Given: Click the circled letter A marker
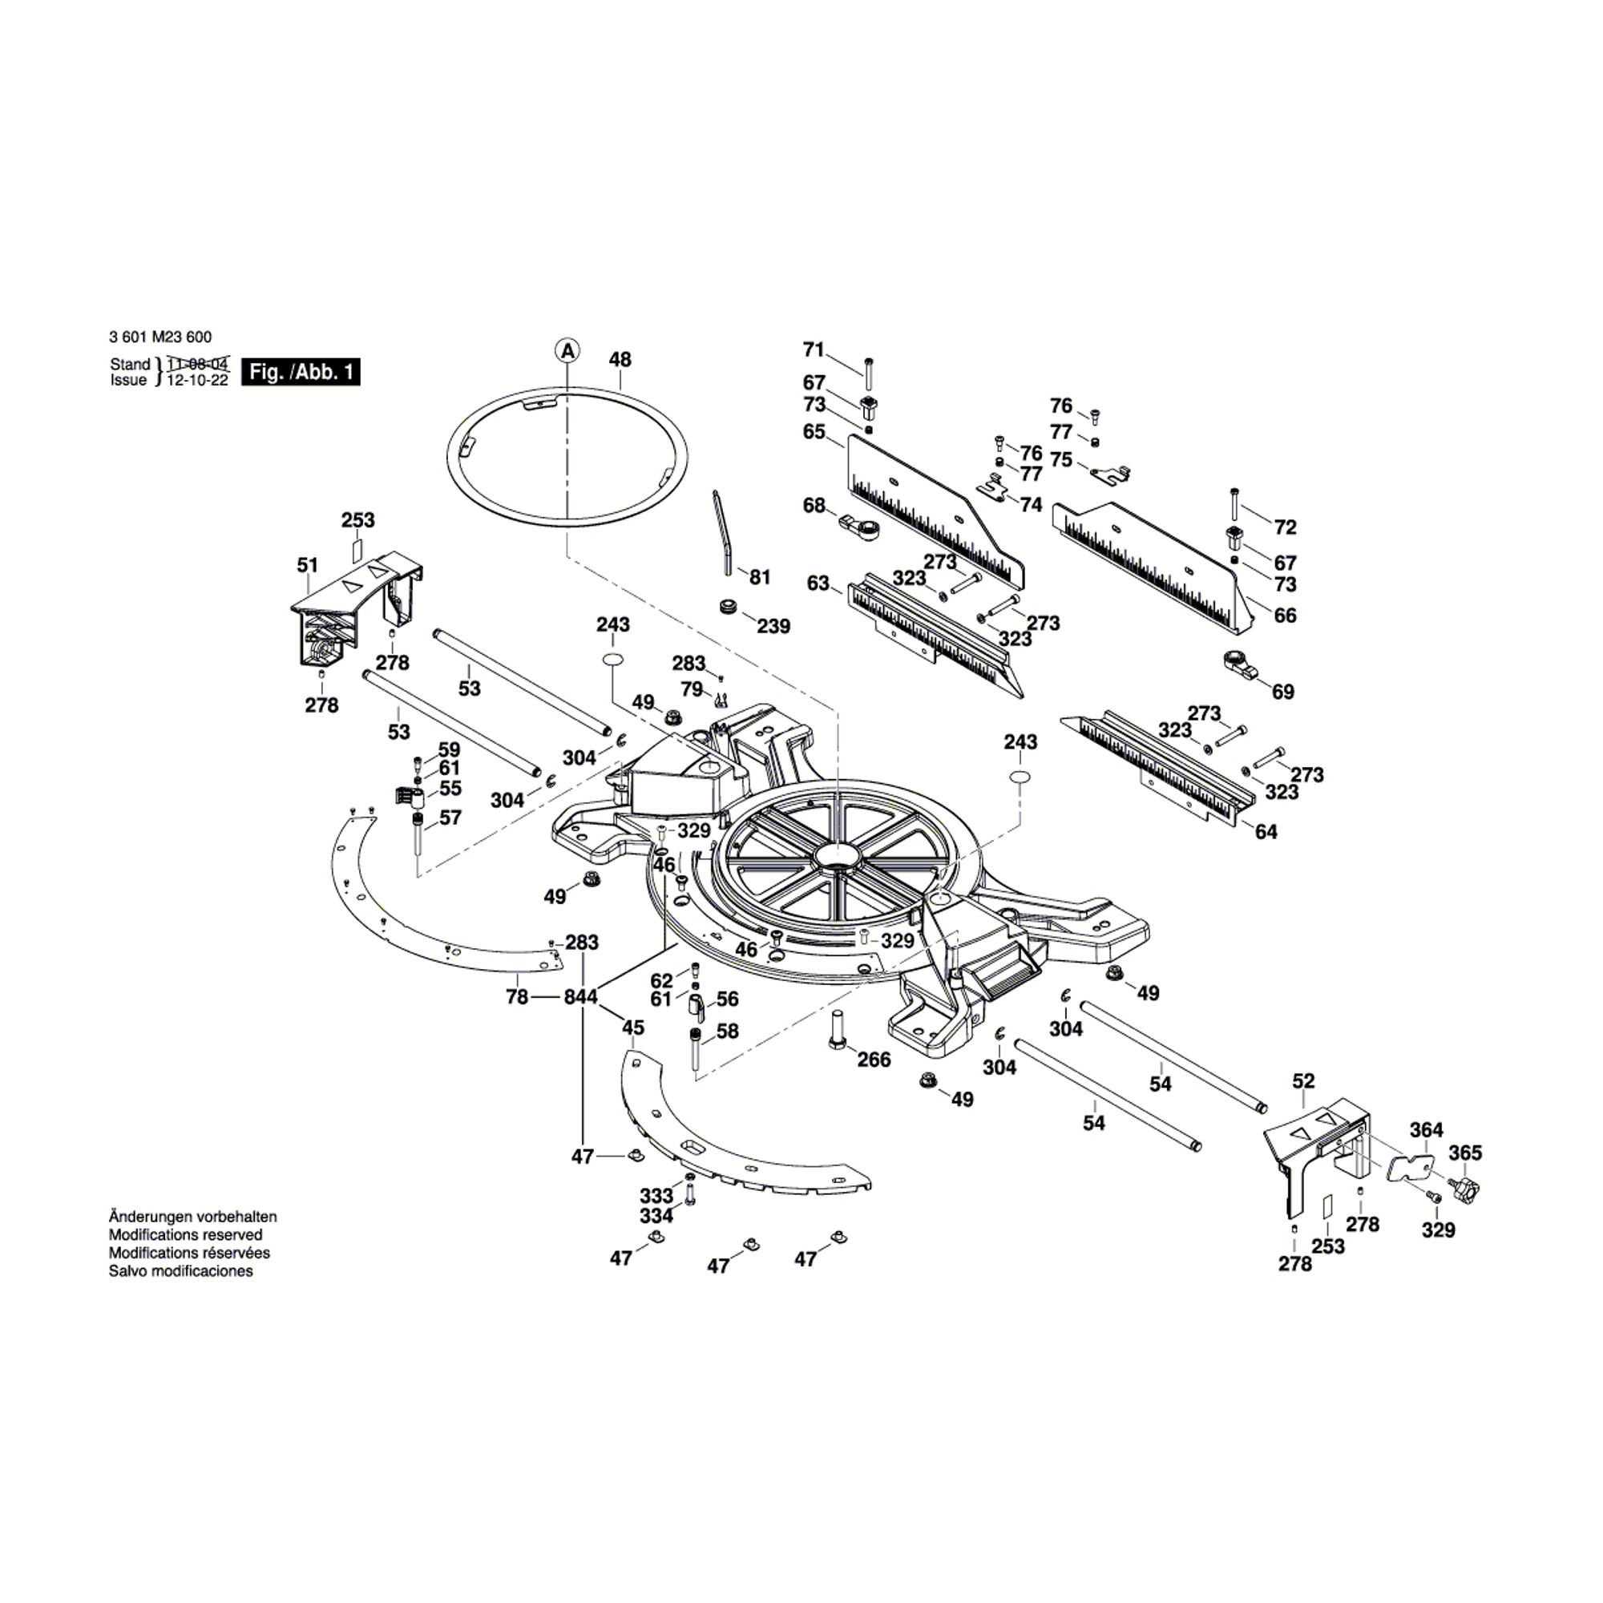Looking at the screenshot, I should pyautogui.click(x=567, y=352).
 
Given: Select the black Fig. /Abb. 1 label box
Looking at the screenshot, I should pyautogui.click(x=301, y=372).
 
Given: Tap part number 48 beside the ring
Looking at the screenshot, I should pyautogui.click(x=620, y=360).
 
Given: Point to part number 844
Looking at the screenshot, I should pyautogui.click(x=580, y=997).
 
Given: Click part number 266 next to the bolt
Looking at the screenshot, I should pyautogui.click(x=874, y=1060).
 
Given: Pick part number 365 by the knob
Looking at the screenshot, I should pyautogui.click(x=1465, y=1153).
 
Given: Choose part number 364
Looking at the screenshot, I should pyautogui.click(x=1427, y=1130).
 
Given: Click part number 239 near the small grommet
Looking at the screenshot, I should pyautogui.click(x=773, y=627).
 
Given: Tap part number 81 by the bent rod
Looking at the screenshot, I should pyautogui.click(x=759, y=577).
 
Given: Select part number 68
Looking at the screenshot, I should pyautogui.click(x=814, y=505).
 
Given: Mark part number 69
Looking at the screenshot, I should pyautogui.click(x=1282, y=692).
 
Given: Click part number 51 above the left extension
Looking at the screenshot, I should pyautogui.click(x=307, y=566).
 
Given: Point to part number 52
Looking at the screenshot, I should pyautogui.click(x=1303, y=1081).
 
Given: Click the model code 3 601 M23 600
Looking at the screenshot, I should pyautogui.click(x=159, y=337).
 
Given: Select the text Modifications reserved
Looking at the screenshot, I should pyautogui.click(x=186, y=1234).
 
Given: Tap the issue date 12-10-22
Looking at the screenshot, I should pyautogui.click(x=197, y=381).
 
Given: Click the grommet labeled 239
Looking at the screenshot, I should pyautogui.click(x=729, y=605).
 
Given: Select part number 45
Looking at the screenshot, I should pyautogui.click(x=633, y=1028).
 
